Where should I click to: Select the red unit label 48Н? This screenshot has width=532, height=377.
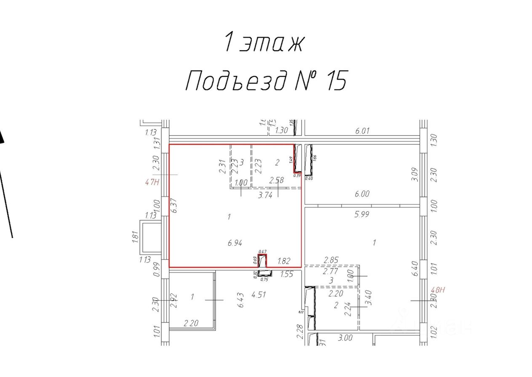point(438,290)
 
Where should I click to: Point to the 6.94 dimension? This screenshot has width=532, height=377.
point(235,242)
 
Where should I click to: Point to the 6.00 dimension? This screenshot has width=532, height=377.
point(362,194)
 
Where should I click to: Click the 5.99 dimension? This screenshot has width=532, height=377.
point(362,214)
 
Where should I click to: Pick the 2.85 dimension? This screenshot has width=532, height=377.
point(331,260)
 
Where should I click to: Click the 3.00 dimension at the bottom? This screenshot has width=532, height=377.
point(345,338)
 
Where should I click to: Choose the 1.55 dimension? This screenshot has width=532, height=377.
point(286,275)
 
